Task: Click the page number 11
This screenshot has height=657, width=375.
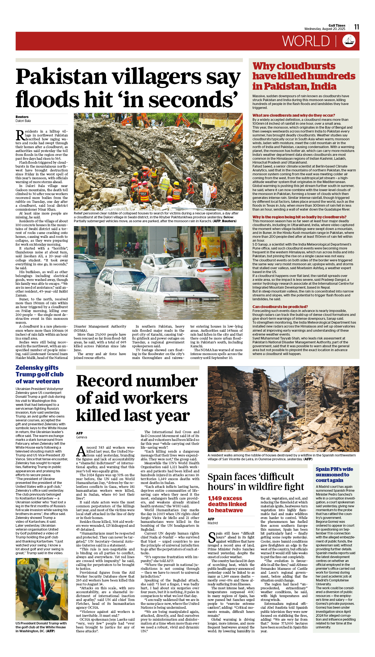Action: point(356,27)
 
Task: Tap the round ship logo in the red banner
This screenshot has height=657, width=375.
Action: point(349,41)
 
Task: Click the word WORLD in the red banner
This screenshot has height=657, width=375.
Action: point(306,41)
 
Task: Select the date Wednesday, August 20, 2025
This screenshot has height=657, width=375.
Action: point(324,29)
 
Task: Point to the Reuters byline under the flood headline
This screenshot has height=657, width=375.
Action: point(22,117)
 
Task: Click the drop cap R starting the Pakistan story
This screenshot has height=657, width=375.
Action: point(20,135)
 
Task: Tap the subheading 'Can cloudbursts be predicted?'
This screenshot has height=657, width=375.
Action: point(280,307)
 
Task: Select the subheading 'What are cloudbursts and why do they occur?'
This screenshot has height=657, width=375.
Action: point(293,115)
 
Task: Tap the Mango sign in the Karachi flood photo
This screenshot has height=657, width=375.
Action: point(214,246)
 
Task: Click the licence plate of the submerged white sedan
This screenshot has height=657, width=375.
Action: point(193,301)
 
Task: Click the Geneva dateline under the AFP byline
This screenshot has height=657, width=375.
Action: point(81,437)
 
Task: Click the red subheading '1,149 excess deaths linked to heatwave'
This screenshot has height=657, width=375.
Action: point(227,504)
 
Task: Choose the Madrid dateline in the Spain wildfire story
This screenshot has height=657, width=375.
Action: point(213,523)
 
